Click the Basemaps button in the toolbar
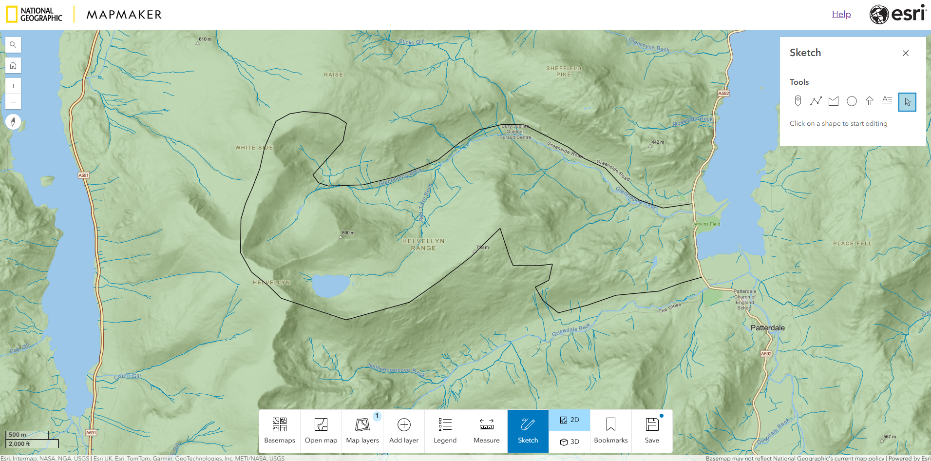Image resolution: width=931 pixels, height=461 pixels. coord(279,431)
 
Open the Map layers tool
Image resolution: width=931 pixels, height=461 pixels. coord(362,431)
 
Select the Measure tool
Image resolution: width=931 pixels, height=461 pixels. coord(486,431)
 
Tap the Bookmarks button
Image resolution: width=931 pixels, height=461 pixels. coord(610,431)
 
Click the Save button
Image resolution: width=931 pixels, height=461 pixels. coord(652,431)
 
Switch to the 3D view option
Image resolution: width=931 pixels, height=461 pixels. coord(569,442)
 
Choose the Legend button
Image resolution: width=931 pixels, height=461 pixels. coord(445,431)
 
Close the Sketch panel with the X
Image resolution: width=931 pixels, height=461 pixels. coord(905,53)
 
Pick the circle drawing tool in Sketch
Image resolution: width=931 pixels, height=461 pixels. coord(852,101)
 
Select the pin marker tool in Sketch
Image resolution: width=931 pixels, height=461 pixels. coord(798,101)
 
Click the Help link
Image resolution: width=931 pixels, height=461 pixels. coord(841,14)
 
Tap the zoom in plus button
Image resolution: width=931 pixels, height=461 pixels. coord(13,86)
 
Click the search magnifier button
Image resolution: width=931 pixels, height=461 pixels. coord(13,45)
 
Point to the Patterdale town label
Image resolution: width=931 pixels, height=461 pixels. coord(767,328)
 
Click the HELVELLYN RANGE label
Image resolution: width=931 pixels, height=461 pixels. coord(423,245)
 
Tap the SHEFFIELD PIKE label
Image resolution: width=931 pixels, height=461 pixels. coord(563,72)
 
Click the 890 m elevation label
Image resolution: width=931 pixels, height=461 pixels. coord(348,233)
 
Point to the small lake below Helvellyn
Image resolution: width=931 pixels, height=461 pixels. coord(330,286)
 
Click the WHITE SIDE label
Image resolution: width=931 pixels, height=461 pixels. coord(254,148)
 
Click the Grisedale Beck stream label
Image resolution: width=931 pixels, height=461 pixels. coord(571,330)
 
